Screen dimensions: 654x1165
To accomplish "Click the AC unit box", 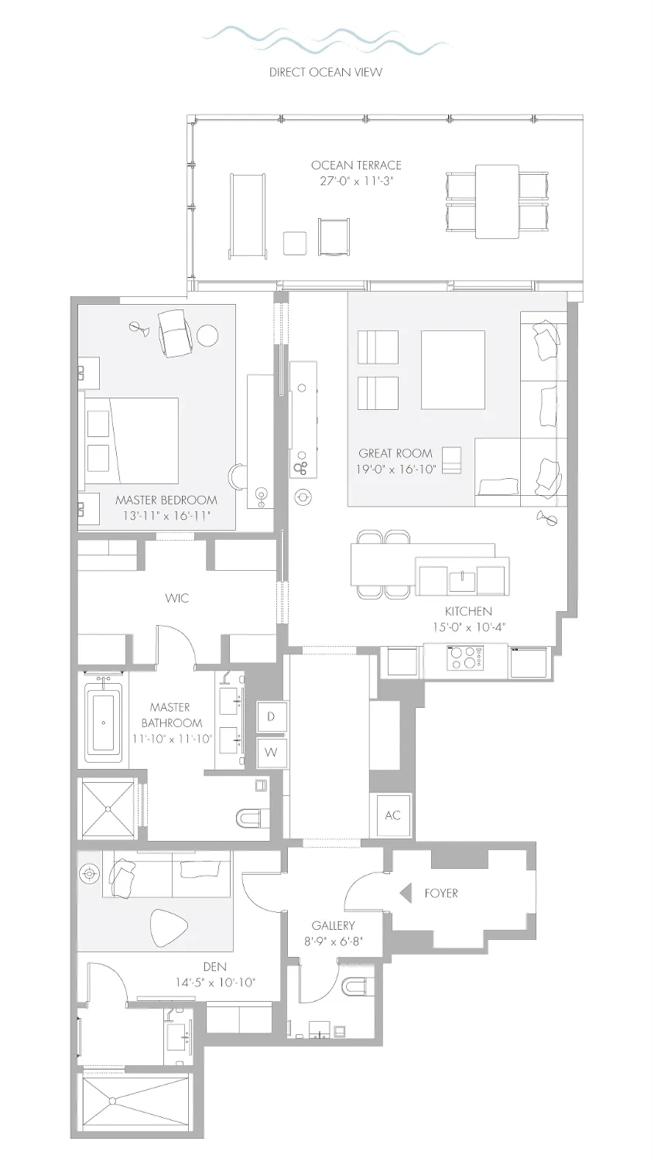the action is click(392, 815).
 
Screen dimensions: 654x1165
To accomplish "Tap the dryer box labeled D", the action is click(272, 716).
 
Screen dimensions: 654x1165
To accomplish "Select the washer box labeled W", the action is click(272, 752).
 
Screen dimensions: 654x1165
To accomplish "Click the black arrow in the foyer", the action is click(405, 893).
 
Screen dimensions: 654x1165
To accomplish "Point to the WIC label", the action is click(176, 598).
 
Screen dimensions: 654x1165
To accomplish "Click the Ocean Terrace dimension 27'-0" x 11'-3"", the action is click(356, 181).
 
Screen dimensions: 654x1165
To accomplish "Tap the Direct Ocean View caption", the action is click(326, 72).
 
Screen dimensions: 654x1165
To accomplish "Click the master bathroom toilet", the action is click(252, 819).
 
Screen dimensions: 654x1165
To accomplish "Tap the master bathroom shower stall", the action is click(108, 808).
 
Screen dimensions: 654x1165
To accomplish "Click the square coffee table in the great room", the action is click(454, 370).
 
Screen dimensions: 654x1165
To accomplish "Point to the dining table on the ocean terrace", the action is click(498, 202).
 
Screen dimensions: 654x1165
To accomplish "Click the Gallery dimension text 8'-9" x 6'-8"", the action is click(333, 941).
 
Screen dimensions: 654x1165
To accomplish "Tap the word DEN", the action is click(215, 967).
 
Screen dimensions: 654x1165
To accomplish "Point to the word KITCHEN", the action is click(468, 611).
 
